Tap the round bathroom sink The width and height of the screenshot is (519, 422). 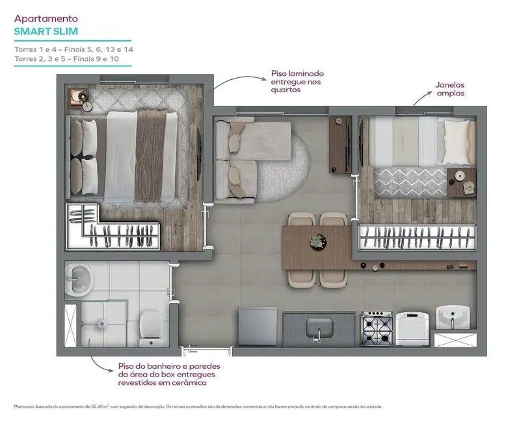click(80, 279)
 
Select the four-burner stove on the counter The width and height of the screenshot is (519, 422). click(377, 328)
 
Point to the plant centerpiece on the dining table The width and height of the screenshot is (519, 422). click(317, 240)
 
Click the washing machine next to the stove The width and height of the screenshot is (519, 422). click(412, 327)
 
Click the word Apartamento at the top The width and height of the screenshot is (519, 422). click(41, 19)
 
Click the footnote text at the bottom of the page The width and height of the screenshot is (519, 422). click(195, 406)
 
